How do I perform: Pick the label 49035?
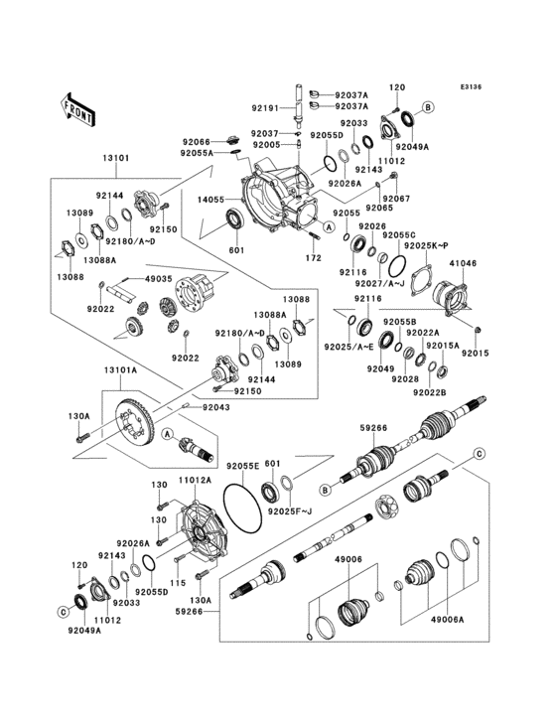(x=159, y=279)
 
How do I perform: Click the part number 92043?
(x=217, y=406)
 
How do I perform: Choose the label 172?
(x=314, y=258)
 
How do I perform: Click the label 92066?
(x=195, y=142)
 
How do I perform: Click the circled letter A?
(x=168, y=433)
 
